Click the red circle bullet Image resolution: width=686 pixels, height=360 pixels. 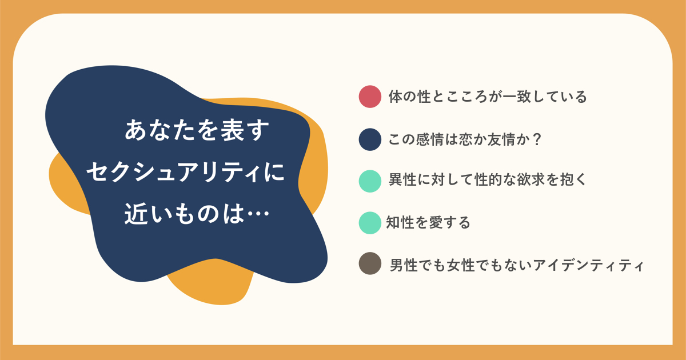point(370,97)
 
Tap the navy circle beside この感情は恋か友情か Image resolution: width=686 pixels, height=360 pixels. point(370,139)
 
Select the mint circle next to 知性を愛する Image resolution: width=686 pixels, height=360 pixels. point(370,223)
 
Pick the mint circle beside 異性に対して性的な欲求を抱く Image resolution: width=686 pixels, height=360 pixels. point(370,181)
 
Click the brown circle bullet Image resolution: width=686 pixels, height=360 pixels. point(370,263)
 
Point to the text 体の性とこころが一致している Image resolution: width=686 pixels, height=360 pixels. point(488,97)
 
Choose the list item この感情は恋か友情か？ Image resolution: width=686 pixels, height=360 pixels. point(465,139)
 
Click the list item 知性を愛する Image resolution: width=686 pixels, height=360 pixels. point(428,222)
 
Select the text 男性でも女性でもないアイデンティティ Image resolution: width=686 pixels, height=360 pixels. point(517,265)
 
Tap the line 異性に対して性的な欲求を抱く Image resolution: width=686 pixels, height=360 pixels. point(488,179)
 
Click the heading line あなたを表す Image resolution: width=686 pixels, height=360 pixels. point(197,130)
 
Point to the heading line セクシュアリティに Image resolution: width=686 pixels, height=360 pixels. point(186,172)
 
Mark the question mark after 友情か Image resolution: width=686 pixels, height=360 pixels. point(537,139)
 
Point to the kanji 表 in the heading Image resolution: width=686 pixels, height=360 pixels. point(233,130)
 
